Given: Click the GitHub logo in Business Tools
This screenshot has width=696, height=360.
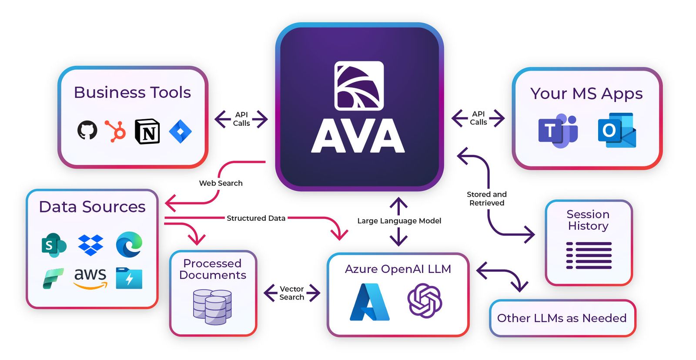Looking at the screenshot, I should click(x=87, y=130).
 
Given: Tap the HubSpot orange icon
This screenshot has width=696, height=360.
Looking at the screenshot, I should click(x=116, y=131).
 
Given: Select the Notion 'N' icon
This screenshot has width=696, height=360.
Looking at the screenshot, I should click(x=147, y=131).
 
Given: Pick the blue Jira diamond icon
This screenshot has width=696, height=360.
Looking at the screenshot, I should click(x=180, y=131).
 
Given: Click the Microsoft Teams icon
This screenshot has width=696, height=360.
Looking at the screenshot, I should click(x=558, y=131).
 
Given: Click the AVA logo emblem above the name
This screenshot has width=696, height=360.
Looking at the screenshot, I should click(x=359, y=85).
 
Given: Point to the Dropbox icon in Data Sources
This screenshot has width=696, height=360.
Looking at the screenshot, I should click(x=90, y=245).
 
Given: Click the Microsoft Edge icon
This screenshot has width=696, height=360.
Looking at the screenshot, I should click(x=129, y=244).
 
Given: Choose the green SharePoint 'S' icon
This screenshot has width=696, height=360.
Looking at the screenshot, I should click(x=54, y=245).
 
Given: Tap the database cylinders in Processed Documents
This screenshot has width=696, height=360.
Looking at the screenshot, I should click(x=212, y=307).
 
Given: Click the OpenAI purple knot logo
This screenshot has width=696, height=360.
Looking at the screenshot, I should click(x=425, y=300).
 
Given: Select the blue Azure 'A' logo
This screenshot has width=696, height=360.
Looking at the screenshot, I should click(x=370, y=302).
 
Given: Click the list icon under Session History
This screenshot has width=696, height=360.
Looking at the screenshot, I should click(x=589, y=255).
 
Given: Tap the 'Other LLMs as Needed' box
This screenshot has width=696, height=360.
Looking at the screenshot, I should click(x=562, y=318).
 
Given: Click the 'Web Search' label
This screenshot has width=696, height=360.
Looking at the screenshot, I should click(x=221, y=183).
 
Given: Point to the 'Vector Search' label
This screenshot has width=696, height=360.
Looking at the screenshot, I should click(x=291, y=293).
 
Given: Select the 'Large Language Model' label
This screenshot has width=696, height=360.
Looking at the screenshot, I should click(x=399, y=221).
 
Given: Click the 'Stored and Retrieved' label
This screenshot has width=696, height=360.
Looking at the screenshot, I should click(x=486, y=199).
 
